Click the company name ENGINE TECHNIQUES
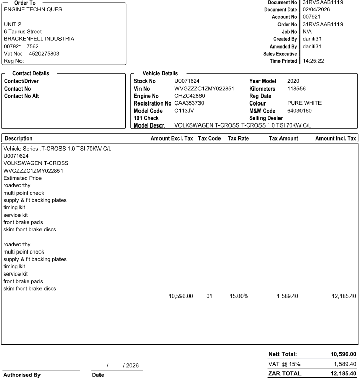[33, 9]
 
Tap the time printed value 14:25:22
[313, 61]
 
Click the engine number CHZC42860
[190, 96]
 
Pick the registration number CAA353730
[189, 103]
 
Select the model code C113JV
[183, 111]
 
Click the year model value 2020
[293, 81]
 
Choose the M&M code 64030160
[299, 111]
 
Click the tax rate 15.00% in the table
[238, 296]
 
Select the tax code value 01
[209, 296]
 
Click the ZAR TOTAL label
[285, 373]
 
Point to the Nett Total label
[283, 354]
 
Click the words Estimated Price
[22, 178]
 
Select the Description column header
[18, 138]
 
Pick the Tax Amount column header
[283, 138]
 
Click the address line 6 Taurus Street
[23, 31]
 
